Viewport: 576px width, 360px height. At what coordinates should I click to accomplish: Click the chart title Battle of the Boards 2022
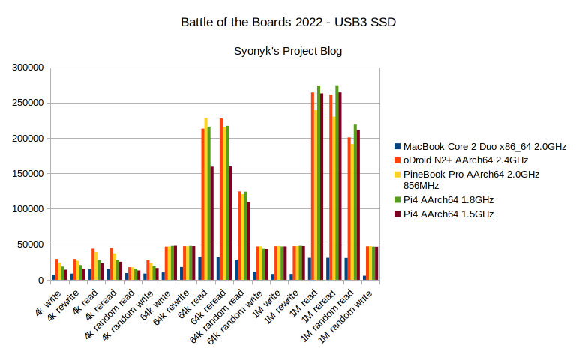(288, 22)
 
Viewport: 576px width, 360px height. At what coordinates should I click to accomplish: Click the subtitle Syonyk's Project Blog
(288, 52)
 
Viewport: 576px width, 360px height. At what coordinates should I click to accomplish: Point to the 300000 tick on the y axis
(28, 67)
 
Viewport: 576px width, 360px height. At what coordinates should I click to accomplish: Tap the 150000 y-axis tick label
(28, 174)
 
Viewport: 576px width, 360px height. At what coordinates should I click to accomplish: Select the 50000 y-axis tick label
(31, 244)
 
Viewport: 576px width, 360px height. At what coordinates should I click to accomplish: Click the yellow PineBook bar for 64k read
(205, 199)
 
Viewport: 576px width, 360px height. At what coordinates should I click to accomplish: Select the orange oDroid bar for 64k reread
(220, 199)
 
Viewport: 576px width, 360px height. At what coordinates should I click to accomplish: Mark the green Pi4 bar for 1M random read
(355, 202)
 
